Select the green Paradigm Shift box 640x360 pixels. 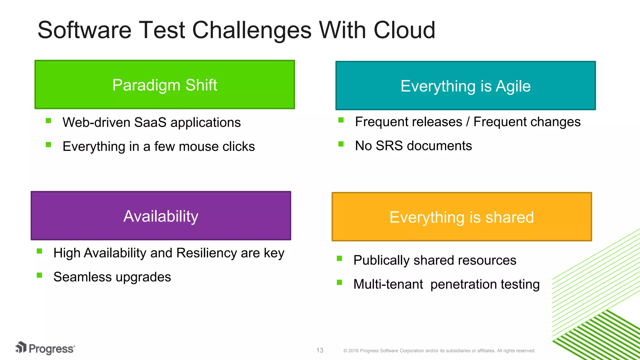tap(165, 85)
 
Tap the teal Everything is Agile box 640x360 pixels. tap(466, 86)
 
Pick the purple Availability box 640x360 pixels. tap(161, 216)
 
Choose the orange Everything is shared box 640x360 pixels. tap(462, 217)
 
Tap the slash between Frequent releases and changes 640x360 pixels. tap(467, 122)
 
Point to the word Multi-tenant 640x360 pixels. tap(388, 284)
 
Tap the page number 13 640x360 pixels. tap(320, 350)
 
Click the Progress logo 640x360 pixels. tap(45, 348)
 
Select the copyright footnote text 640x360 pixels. tap(439, 351)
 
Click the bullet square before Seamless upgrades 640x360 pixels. tap(39, 275)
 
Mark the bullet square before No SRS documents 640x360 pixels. tap(341, 144)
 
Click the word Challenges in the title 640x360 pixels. tap(252, 30)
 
